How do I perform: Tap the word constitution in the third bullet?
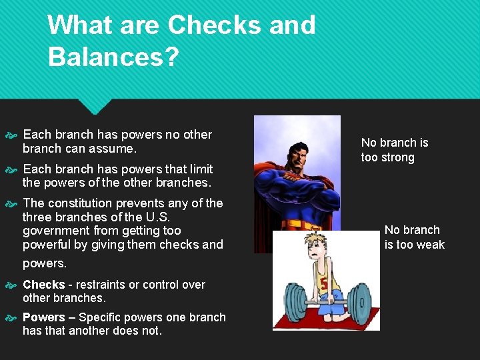point(80,203)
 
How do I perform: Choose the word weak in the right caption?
point(431,245)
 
